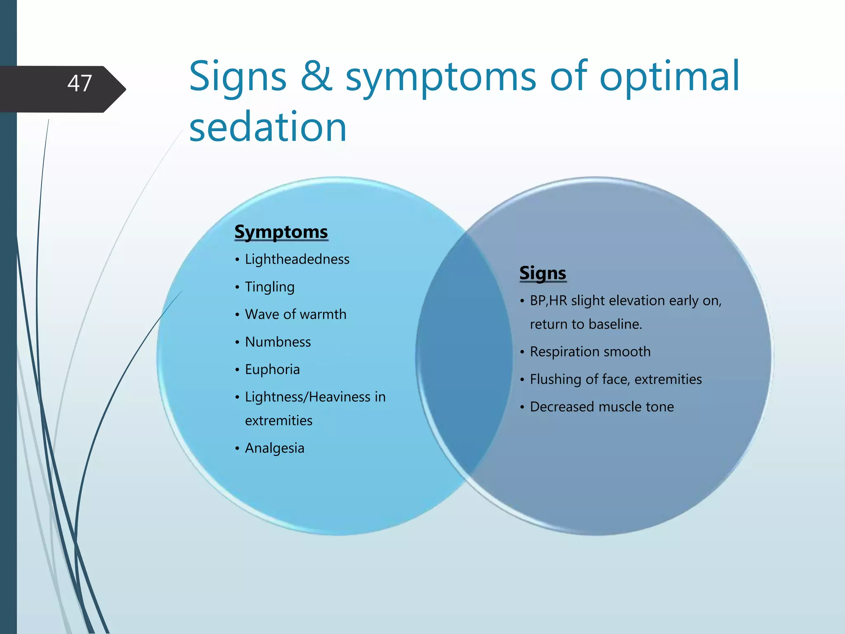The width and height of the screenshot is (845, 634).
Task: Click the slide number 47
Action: (x=80, y=83)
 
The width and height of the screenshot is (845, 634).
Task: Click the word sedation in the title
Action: (x=268, y=127)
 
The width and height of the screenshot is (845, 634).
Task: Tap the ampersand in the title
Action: (x=316, y=76)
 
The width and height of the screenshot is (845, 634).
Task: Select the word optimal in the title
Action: (x=669, y=76)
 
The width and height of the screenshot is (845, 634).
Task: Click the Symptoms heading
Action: (x=281, y=232)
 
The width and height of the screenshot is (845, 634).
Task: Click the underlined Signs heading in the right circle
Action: (x=543, y=273)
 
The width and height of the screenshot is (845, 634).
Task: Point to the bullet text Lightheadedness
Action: (x=297, y=259)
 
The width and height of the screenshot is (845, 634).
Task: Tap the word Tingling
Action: (x=270, y=287)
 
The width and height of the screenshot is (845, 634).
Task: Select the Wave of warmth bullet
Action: (x=295, y=315)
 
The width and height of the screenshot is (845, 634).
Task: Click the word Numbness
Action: (x=278, y=342)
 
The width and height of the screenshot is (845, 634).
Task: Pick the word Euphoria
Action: (x=272, y=369)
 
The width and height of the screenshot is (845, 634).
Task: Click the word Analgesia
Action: (x=274, y=448)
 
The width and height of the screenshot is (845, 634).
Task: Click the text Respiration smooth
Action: (x=590, y=352)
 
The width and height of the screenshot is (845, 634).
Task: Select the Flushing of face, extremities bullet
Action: (x=616, y=379)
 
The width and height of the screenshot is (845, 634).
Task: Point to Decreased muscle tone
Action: (x=602, y=407)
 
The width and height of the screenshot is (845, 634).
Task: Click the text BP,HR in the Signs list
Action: (x=548, y=300)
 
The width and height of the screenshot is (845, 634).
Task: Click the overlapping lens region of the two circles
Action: (x=464, y=355)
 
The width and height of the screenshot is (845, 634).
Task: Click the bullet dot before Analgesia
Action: (x=237, y=448)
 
